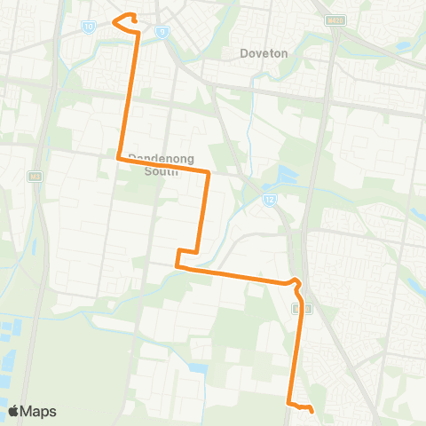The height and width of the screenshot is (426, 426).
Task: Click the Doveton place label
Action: coord(264,53)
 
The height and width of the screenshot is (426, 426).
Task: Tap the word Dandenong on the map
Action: coord(161,159)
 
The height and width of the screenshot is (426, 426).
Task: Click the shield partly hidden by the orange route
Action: coord(303,308)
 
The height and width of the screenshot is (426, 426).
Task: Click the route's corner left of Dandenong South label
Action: coord(119,158)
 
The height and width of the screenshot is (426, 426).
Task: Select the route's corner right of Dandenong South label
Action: coord(209,172)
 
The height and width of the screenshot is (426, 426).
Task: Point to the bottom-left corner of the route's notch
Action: coord(177,264)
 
